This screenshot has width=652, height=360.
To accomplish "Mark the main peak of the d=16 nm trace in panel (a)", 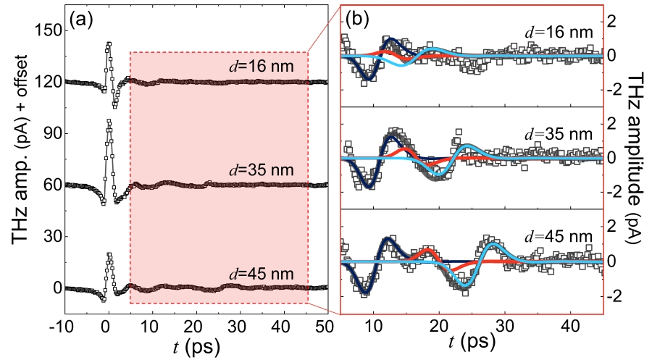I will pos(109,43).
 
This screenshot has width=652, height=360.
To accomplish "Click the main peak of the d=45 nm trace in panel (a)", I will pos(109,254).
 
